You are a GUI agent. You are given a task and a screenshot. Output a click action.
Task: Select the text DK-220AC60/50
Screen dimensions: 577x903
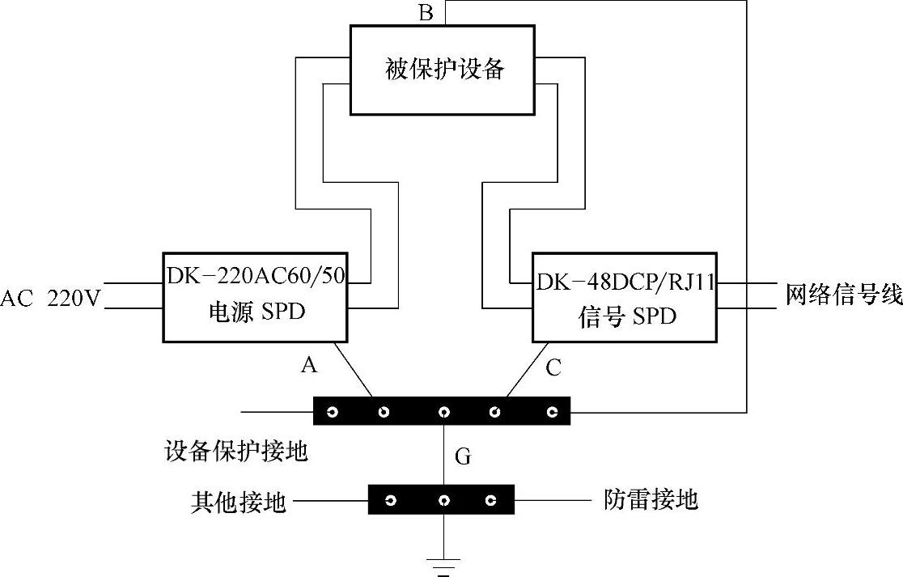pos(256,276)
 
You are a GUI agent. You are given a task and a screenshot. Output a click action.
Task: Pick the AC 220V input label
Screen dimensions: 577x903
pos(50,299)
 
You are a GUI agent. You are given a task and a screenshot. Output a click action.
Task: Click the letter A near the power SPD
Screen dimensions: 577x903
pos(308,366)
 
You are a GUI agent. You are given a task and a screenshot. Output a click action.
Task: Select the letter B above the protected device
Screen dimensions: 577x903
pos(426,13)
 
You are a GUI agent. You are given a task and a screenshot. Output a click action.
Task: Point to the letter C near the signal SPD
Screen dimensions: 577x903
pos(553,368)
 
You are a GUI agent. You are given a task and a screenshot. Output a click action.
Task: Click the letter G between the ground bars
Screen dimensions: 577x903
pos(463,457)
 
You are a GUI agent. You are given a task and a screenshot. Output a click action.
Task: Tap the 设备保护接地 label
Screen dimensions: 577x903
pos(235,451)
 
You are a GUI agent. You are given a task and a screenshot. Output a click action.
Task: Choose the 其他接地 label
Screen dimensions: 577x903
pos(239,503)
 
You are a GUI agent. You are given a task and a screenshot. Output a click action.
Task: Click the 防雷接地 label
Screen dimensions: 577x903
pos(651,499)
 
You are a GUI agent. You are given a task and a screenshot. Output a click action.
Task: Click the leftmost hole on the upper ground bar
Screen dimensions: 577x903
pos(332,412)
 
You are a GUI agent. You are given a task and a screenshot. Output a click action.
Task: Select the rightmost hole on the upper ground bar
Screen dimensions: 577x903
pos(553,412)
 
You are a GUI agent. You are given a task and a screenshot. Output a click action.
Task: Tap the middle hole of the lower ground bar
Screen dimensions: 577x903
pos(443,501)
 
